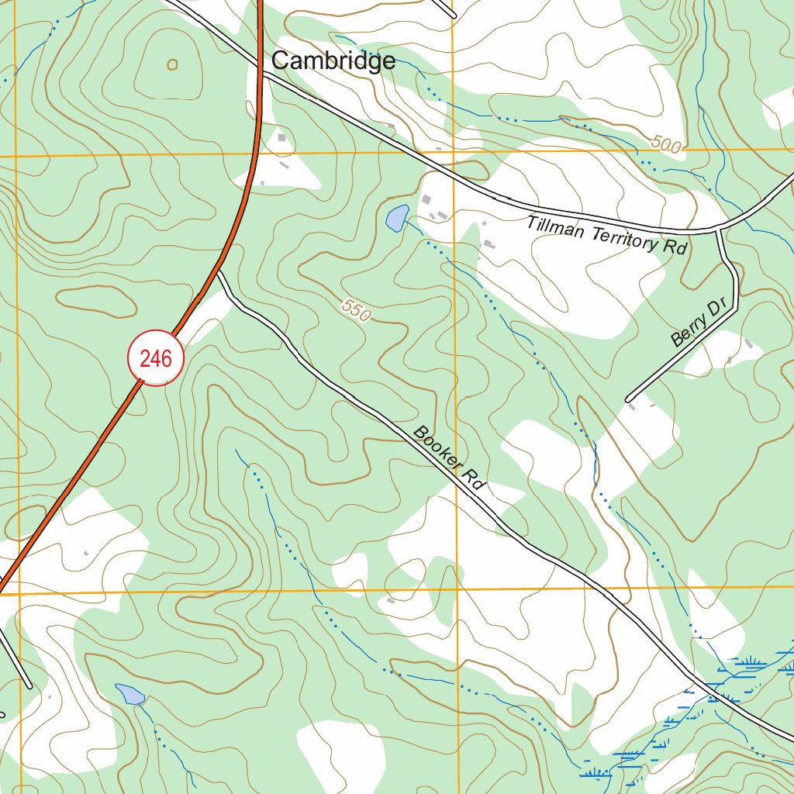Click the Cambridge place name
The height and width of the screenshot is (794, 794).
click(333, 60)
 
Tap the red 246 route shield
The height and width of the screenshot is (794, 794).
click(155, 357)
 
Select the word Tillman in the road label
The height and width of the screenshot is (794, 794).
click(558, 228)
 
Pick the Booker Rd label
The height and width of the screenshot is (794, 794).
click(449, 461)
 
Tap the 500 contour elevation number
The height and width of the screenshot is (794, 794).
click(666, 143)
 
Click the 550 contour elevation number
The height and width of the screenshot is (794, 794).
click(356, 310)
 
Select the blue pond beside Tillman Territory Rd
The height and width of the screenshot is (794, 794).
click(395, 218)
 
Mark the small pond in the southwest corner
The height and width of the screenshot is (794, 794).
click(129, 693)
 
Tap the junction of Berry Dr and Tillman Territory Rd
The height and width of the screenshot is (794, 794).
click(719, 230)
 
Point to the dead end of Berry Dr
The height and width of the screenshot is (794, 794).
click(627, 399)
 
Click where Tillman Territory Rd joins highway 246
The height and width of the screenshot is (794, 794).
click(262, 74)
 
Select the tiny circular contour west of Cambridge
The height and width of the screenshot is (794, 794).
click(172, 65)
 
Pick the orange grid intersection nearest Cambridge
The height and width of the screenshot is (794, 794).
click(454, 152)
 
